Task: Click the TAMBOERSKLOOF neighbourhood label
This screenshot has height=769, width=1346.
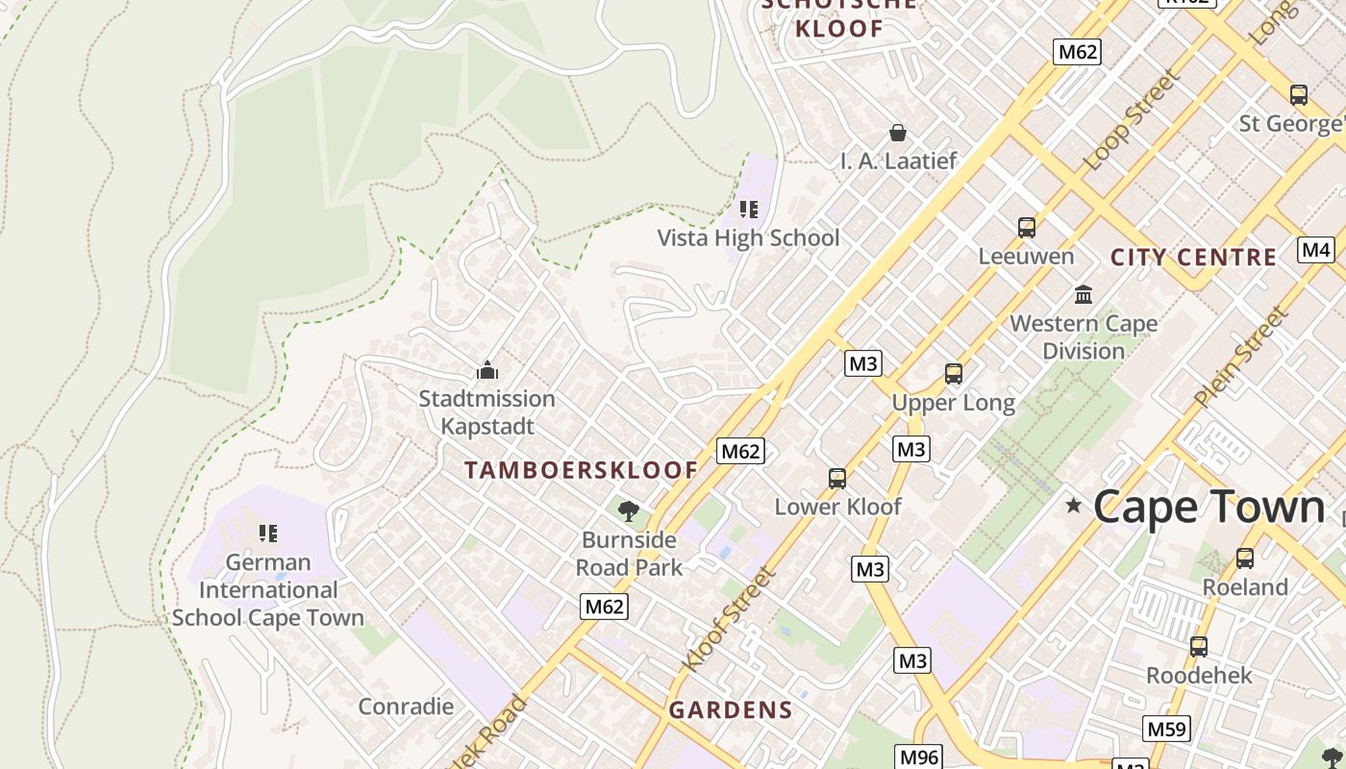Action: click(x=582, y=470)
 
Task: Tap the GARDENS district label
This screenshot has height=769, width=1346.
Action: click(x=731, y=710)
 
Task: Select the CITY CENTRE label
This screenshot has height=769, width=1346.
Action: click(x=1193, y=258)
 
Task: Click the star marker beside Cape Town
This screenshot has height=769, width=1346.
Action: click(x=1074, y=506)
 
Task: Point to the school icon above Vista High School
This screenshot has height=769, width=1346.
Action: click(x=749, y=209)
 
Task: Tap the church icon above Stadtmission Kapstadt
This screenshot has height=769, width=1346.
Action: click(x=487, y=370)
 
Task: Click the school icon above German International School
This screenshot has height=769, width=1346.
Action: click(x=268, y=533)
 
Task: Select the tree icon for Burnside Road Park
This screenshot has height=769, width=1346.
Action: click(x=629, y=510)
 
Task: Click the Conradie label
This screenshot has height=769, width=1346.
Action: click(x=406, y=707)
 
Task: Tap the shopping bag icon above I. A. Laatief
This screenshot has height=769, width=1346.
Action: click(x=898, y=132)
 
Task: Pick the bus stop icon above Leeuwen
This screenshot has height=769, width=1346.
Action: click(x=1027, y=228)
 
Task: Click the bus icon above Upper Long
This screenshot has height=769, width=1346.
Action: click(x=954, y=374)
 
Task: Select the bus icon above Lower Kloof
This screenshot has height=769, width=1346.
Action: click(x=837, y=478)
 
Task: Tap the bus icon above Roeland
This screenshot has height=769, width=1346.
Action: click(x=1245, y=558)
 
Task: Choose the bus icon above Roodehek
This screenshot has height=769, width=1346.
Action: click(x=1199, y=647)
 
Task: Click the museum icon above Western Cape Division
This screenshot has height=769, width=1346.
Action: click(x=1084, y=294)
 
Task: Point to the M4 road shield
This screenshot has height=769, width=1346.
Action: click(x=1315, y=250)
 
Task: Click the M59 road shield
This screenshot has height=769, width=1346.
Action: click(x=1166, y=729)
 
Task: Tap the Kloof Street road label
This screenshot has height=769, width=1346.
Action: click(x=728, y=620)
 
